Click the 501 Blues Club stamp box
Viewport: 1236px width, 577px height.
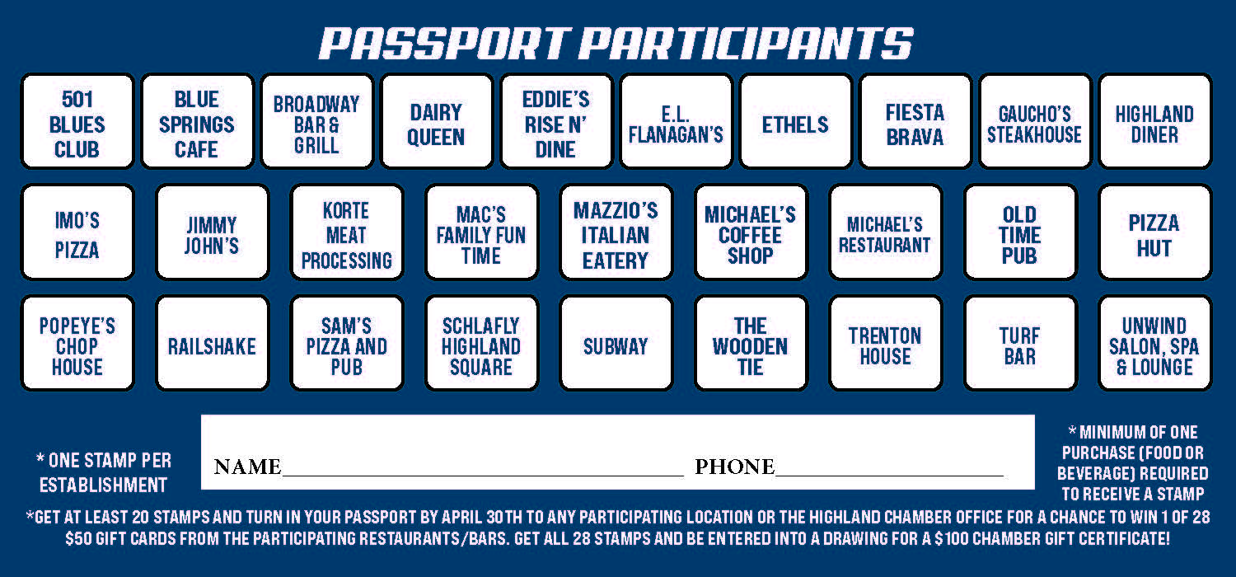coord(77,121)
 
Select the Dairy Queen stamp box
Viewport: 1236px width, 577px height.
coord(437,121)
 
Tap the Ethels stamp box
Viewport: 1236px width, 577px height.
coord(796,121)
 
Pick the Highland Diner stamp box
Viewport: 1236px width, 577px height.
coord(1155,121)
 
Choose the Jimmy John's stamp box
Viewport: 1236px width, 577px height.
coord(213,232)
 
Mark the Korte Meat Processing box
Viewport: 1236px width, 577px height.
coord(347,232)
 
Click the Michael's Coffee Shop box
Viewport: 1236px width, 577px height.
coord(751,232)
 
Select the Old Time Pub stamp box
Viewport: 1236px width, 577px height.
coord(1020,232)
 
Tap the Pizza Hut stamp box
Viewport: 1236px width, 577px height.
coord(1155,232)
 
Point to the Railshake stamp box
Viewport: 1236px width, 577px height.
coord(213,344)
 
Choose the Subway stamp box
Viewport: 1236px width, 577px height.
coord(616,344)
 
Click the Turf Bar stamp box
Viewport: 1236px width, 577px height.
coord(1020,344)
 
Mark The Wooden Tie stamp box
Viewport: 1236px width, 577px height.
coord(751,344)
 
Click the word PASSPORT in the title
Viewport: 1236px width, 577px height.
coord(444,44)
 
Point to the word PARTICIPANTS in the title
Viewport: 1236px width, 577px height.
coord(746,44)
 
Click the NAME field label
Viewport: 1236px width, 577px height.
coord(248,467)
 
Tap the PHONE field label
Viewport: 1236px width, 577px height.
coord(734,467)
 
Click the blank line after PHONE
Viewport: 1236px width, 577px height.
coord(889,475)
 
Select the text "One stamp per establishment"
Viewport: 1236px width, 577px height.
coord(104,472)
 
